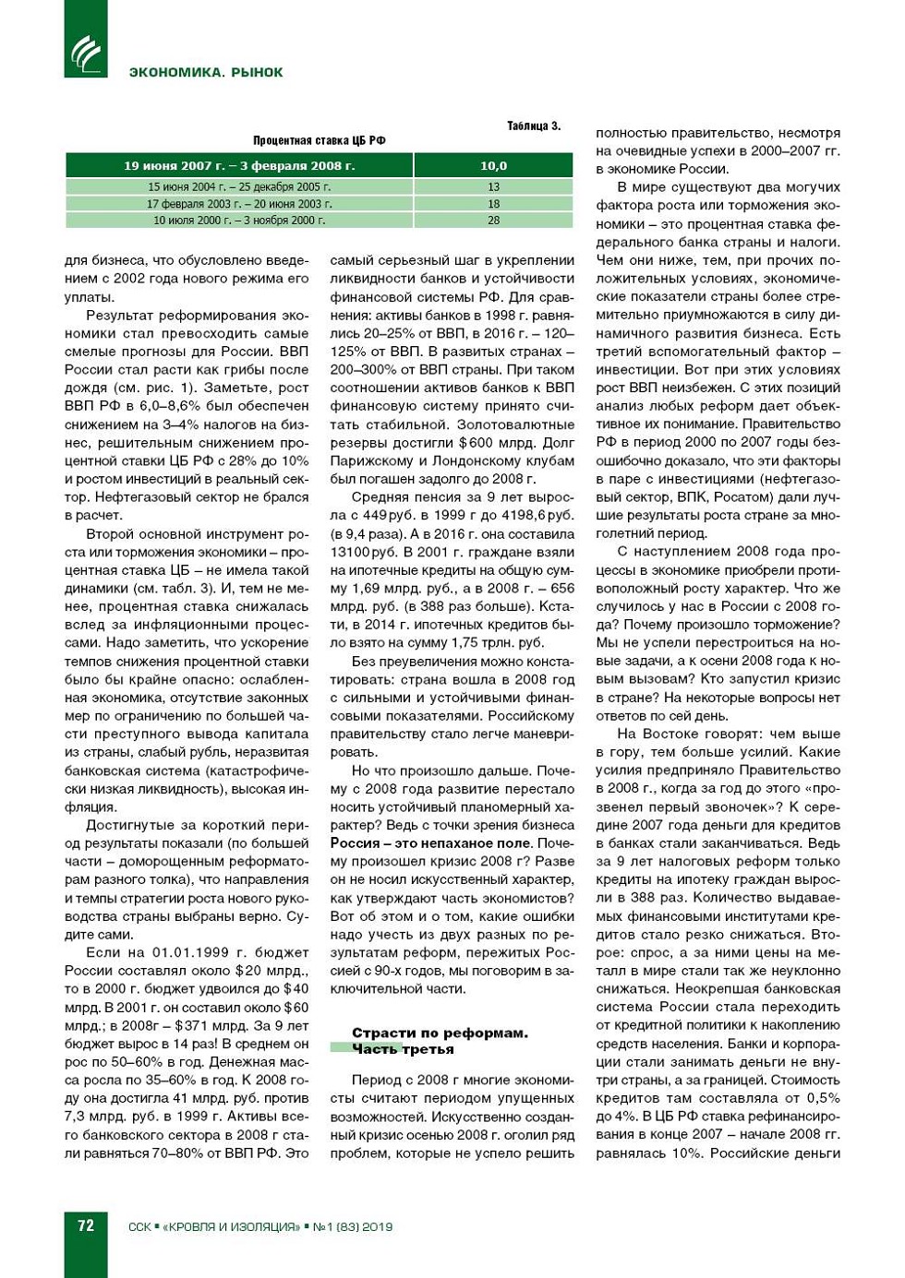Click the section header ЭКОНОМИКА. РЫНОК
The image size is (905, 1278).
pyautogui.click(x=206, y=72)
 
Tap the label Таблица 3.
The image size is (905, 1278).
pyautogui.click(x=533, y=125)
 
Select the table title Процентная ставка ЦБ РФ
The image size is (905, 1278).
pyautogui.click(x=319, y=140)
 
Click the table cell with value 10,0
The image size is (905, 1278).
pyautogui.click(x=493, y=166)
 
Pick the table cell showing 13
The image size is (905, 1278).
pyautogui.click(x=493, y=186)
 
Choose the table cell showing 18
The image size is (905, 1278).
pyautogui.click(x=493, y=204)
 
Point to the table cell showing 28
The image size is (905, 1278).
pyautogui.click(x=493, y=221)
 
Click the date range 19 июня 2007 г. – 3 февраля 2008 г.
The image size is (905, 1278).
pyautogui.click(x=239, y=166)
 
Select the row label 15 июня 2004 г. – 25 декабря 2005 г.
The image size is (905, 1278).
pyautogui.click(x=239, y=186)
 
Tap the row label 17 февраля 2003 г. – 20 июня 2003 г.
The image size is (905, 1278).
pyautogui.click(x=239, y=204)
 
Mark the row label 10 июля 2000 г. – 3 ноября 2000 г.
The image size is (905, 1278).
pyautogui.click(x=239, y=221)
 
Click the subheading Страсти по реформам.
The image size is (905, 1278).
pyautogui.click(x=440, y=1033)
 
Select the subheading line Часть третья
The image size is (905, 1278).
pyautogui.click(x=403, y=1049)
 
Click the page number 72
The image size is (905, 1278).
pyautogui.click(x=86, y=1225)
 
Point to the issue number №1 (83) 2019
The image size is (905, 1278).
pyautogui.click(x=353, y=1226)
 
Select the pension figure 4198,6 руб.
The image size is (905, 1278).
pyautogui.click(x=534, y=515)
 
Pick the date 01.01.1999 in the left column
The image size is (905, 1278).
pyautogui.click(x=191, y=952)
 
